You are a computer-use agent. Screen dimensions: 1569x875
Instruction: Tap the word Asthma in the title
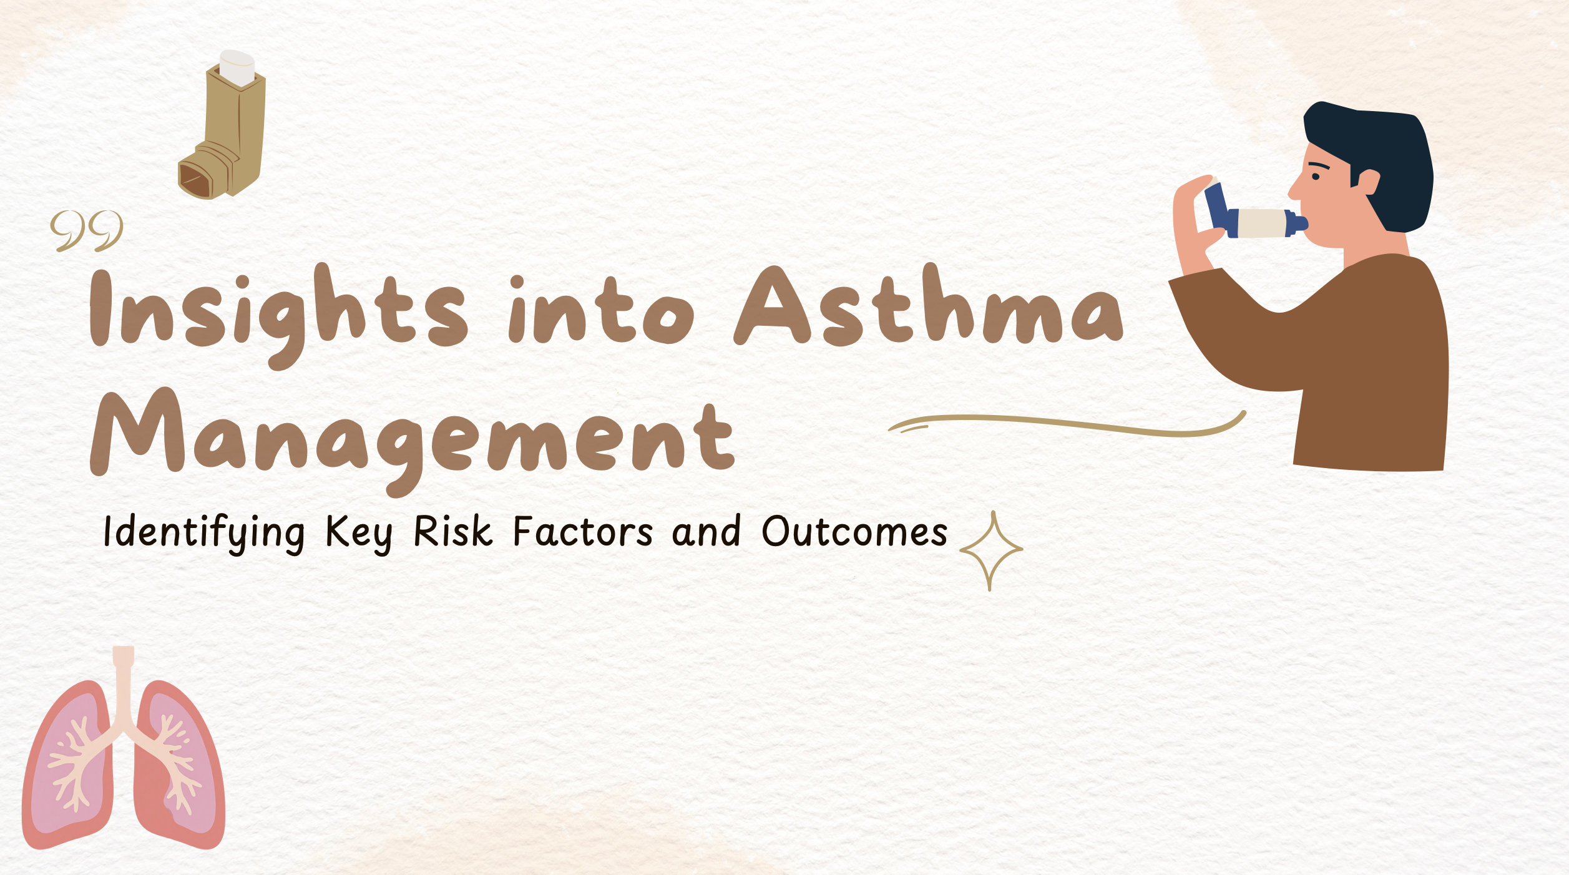[928, 305]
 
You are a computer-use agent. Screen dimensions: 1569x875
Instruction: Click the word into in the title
[601, 310]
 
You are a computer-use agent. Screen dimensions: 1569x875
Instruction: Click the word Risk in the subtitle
[453, 532]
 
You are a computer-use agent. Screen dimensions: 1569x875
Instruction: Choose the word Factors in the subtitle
[583, 532]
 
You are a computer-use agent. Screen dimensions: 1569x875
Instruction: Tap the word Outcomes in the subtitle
[854, 532]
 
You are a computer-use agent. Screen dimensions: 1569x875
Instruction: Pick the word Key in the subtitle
[359, 534]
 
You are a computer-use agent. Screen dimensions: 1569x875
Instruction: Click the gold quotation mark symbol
[87, 231]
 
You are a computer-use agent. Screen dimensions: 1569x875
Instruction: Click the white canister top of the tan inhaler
[237, 67]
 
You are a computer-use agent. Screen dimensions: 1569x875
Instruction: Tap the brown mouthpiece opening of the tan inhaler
[195, 180]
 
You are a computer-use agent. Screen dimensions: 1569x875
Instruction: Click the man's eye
[1316, 177]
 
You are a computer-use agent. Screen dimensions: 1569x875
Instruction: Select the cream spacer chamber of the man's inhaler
[1261, 223]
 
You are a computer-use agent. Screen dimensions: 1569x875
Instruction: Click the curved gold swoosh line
[1067, 424]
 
